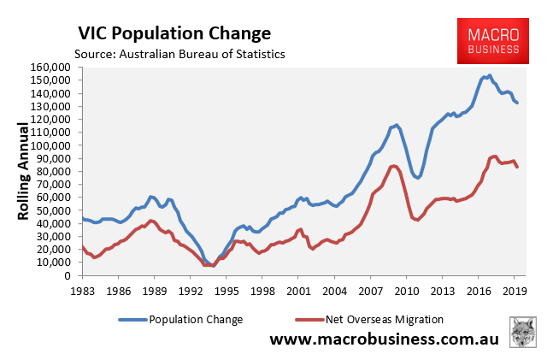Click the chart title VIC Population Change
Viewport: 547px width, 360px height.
point(174,34)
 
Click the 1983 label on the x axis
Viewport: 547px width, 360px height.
point(82,291)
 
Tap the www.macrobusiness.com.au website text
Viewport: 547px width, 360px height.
point(385,340)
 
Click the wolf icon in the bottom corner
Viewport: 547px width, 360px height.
point(523,333)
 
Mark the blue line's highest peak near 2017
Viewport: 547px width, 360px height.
point(489,75)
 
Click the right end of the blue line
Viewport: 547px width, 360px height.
point(517,103)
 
